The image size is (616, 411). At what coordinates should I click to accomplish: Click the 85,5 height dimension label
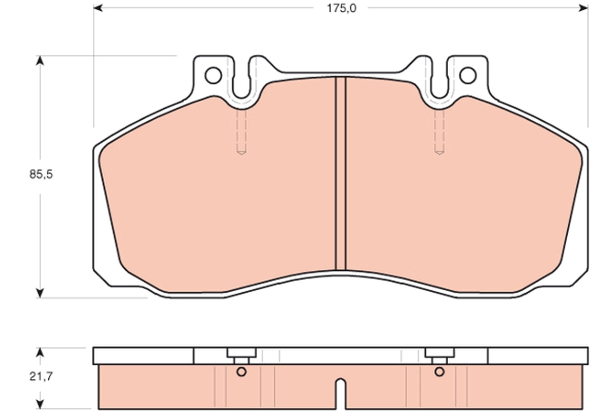[x=41, y=174]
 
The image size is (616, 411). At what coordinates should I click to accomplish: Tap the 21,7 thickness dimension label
[x=41, y=376]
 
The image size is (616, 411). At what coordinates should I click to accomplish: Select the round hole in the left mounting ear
[x=213, y=76]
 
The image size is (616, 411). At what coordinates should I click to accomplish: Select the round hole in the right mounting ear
[x=468, y=76]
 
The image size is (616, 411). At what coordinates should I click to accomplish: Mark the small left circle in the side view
[x=241, y=371]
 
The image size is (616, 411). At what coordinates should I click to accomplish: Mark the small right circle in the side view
[x=439, y=371]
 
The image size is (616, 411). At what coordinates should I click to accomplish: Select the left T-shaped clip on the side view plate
[x=241, y=355]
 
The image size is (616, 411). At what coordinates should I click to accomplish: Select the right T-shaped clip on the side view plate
[x=439, y=355]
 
